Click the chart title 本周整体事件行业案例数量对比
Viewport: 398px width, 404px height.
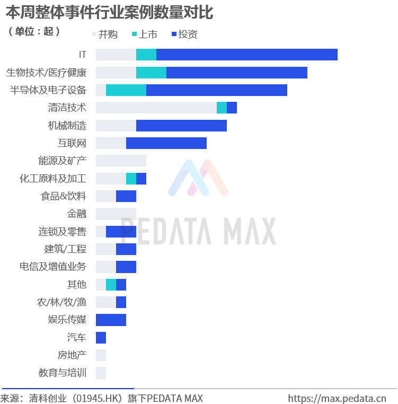[109, 12]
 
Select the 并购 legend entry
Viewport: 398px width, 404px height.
[105, 34]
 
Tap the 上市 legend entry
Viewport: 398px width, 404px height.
[144, 34]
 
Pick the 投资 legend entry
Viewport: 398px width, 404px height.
[184, 34]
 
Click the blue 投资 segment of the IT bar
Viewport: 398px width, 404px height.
[247, 55]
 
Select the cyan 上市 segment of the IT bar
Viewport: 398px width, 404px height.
[146, 55]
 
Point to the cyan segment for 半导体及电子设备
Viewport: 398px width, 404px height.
[126, 90]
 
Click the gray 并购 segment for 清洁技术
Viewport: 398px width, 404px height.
[156, 108]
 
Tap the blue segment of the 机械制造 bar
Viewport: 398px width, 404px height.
[181, 126]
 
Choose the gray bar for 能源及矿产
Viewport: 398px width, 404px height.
[121, 161]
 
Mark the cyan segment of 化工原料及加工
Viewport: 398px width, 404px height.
[131, 179]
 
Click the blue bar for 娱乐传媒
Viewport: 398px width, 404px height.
[111, 320]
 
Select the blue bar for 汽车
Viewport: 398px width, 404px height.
[101, 338]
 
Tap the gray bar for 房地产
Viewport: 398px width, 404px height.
[101, 355]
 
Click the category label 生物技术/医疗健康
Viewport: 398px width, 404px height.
[46, 73]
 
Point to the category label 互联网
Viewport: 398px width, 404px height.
[72, 143]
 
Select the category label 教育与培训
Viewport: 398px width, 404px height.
[62, 373]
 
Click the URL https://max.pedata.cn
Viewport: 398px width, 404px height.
[337, 398]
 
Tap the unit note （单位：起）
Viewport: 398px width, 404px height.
[34, 32]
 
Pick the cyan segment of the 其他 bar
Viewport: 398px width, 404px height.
[111, 285]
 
